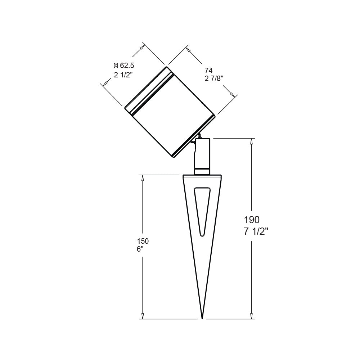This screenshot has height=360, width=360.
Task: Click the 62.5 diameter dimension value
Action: [x=127, y=66]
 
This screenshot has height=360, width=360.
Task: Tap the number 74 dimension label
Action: [x=208, y=71]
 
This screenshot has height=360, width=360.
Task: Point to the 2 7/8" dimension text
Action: [x=214, y=79]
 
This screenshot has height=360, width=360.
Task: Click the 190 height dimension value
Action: [x=252, y=220]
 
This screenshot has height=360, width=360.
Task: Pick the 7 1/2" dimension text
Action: [x=256, y=232]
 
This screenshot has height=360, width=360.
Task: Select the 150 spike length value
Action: [x=143, y=241]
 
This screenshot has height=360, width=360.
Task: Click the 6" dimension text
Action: [x=140, y=249]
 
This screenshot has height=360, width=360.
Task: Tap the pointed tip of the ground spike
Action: [x=202, y=319]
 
